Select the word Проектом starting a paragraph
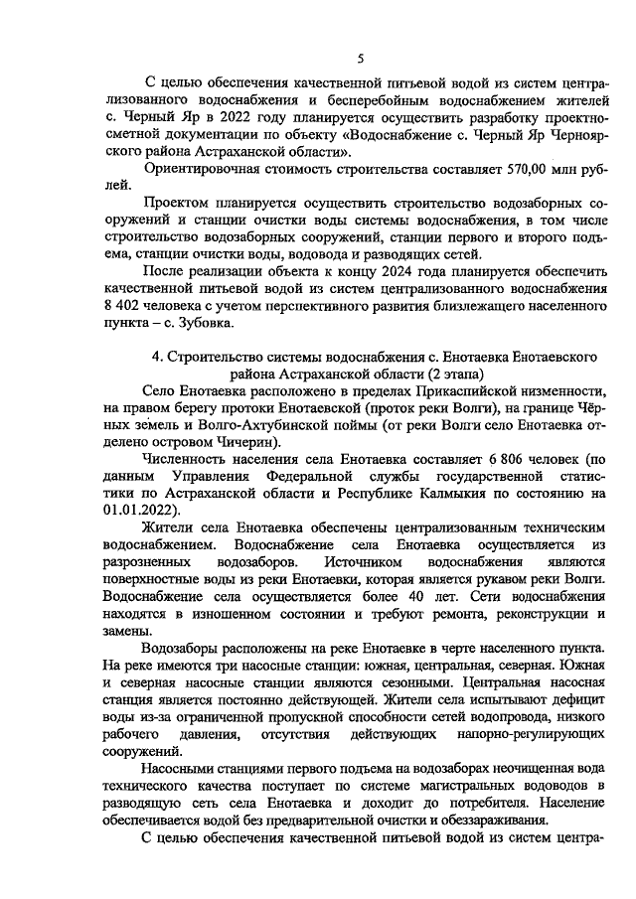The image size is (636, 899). tap(176, 203)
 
